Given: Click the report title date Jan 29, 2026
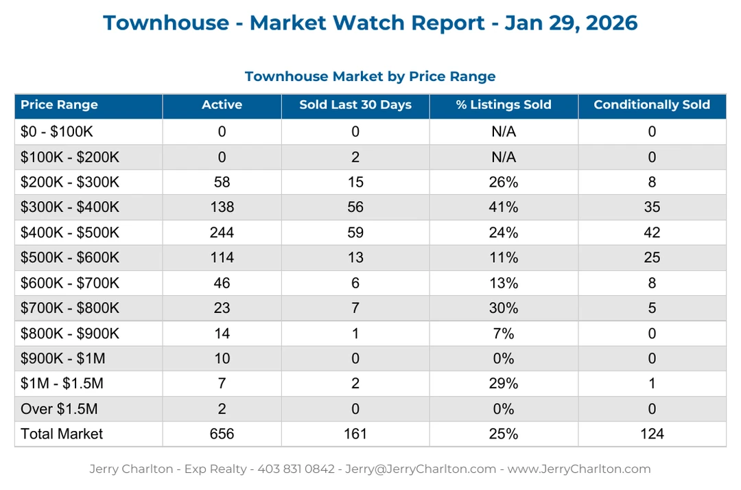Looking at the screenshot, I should (571, 23).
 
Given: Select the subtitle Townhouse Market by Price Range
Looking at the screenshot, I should (370, 76).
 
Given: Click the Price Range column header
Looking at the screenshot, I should (59, 105).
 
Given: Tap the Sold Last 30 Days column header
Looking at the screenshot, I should (355, 105).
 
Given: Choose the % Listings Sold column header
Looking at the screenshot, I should (503, 105).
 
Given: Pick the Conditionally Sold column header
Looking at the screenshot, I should (651, 105).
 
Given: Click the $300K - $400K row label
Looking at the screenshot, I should (69, 207).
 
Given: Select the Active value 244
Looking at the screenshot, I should (222, 233).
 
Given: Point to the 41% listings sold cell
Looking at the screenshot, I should (503, 207).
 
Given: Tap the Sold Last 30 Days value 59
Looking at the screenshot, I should (355, 233).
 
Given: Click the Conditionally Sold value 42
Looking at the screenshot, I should (651, 233).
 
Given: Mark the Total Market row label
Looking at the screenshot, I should (62, 434).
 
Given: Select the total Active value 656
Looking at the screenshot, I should (222, 434).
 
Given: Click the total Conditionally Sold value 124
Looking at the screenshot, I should (651, 434).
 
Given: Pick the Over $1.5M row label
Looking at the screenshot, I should (59, 409).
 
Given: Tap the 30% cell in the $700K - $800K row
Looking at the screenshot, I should (503, 308).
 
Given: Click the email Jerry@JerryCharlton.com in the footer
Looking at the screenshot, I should (420, 469).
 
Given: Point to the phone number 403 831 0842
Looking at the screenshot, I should (296, 469).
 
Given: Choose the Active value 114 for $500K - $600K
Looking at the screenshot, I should (222, 257).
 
